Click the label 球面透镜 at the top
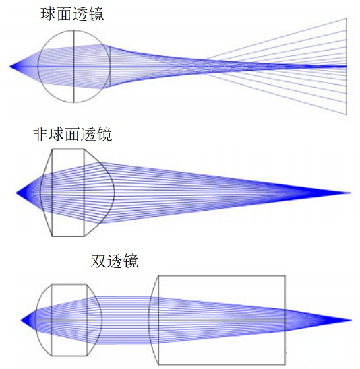click(x=72, y=14)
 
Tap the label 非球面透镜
click(x=72, y=135)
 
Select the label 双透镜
click(x=115, y=261)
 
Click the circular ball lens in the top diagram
click(x=38, y=67)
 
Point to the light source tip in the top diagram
click(x=9, y=67)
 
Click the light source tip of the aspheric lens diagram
click(x=16, y=193)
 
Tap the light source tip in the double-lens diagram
click(x=21, y=320)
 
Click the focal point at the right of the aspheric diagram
click(x=351, y=193)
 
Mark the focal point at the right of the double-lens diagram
click(x=351, y=320)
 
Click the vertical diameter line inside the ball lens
click(x=74, y=67)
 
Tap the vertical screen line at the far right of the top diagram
click(x=346, y=67)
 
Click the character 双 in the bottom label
click(x=98, y=261)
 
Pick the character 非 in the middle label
click(x=40, y=135)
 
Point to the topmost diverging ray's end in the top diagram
click(x=346, y=19)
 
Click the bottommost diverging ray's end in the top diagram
click(x=346, y=114)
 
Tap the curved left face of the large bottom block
click(x=149, y=320)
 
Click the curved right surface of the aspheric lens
click(x=115, y=193)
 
